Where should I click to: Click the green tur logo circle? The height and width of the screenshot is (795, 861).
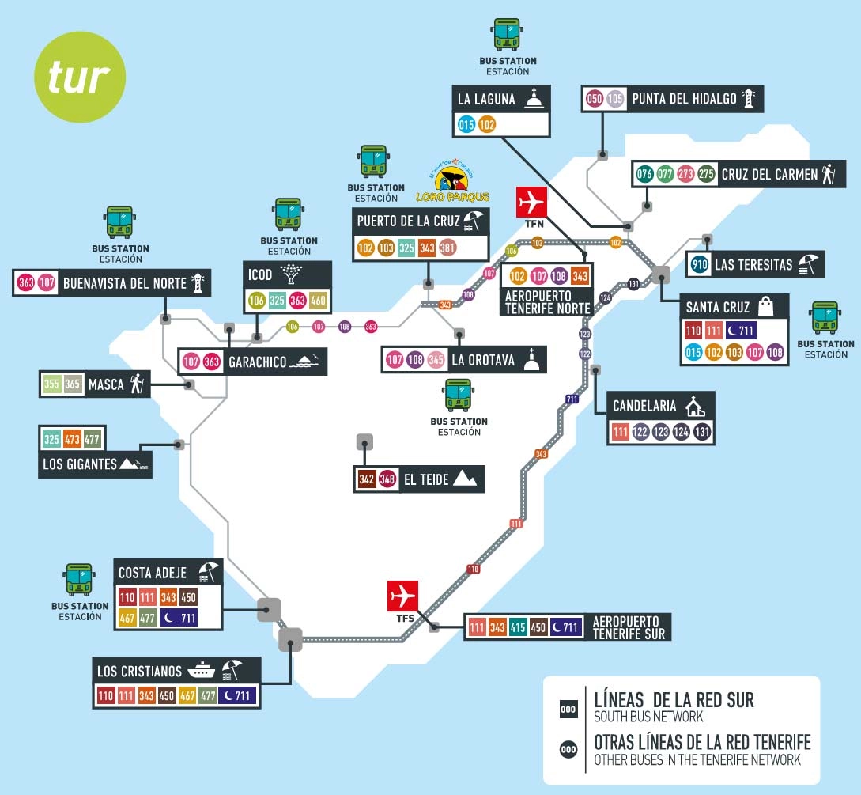point(80,78)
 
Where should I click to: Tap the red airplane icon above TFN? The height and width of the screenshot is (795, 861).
point(531,203)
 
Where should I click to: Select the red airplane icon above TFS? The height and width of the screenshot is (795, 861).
point(402,596)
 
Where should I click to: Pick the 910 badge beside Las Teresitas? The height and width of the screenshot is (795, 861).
point(698,265)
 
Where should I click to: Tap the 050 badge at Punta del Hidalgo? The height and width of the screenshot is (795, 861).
point(595,99)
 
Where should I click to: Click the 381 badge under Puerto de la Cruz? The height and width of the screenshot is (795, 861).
point(448,248)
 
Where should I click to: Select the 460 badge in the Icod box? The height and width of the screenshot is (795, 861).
point(318,300)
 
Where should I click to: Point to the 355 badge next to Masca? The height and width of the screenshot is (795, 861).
point(51,384)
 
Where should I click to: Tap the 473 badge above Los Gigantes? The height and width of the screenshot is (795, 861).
point(73,439)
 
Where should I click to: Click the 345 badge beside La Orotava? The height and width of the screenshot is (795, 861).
point(436,361)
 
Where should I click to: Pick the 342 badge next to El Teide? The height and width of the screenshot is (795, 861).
point(366,479)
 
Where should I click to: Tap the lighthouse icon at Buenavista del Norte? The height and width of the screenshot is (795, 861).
point(198,282)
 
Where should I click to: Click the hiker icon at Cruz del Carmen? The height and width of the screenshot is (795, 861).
point(828,174)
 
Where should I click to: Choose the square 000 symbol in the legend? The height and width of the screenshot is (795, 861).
point(568,710)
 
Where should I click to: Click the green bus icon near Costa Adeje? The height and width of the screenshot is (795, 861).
point(78,580)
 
